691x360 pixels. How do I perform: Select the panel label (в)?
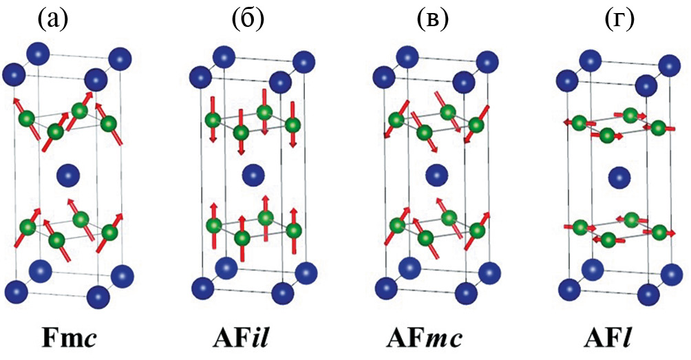pos(433,20)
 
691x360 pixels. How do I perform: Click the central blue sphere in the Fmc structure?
pos(67,173)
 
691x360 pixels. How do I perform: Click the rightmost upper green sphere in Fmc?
pos(108,125)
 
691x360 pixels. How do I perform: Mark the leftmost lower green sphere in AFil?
pos(213,225)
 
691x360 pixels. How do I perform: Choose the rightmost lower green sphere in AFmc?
pos(476,231)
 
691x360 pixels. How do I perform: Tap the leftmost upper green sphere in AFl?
pos(580,123)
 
